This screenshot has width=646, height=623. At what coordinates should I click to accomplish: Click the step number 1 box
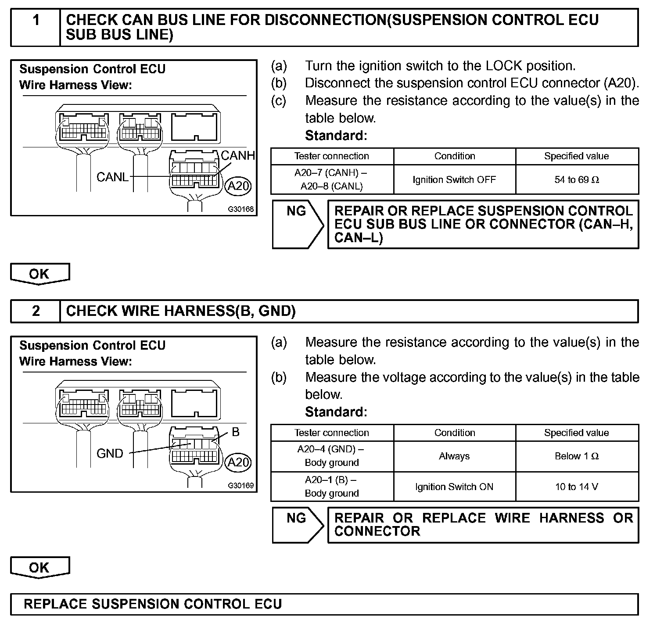pyautogui.click(x=36, y=27)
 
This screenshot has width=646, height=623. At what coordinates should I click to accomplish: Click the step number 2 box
pyautogui.click(x=36, y=311)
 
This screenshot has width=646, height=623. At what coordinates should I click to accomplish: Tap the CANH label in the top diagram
pyautogui.click(x=237, y=155)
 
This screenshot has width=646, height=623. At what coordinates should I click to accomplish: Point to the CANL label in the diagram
pyautogui.click(x=112, y=177)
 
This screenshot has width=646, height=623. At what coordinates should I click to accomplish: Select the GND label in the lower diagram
pyautogui.click(x=110, y=453)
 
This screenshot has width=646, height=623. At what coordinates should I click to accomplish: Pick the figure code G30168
pyautogui.click(x=240, y=209)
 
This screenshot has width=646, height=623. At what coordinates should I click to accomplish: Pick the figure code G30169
pyautogui.click(x=240, y=486)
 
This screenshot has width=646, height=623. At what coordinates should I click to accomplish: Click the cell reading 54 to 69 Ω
pyautogui.click(x=577, y=179)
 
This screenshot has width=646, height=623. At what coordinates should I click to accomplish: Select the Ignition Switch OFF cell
pyautogui.click(x=454, y=179)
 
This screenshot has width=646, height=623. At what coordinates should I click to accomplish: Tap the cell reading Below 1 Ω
pyautogui.click(x=577, y=456)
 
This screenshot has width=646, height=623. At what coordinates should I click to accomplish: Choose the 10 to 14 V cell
pyautogui.click(x=577, y=487)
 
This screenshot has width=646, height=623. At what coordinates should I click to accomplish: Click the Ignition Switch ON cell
pyautogui.click(x=454, y=487)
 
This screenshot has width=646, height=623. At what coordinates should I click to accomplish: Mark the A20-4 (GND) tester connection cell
pyautogui.click(x=332, y=456)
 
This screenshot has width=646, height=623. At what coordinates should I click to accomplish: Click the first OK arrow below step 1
pyautogui.click(x=39, y=274)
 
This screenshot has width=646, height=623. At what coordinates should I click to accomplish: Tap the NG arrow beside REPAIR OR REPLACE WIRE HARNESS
pyautogui.click(x=298, y=525)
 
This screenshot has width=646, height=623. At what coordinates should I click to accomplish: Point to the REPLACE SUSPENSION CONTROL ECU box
pyautogui.click(x=324, y=604)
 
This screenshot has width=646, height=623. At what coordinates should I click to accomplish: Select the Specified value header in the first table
pyautogui.click(x=577, y=156)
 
